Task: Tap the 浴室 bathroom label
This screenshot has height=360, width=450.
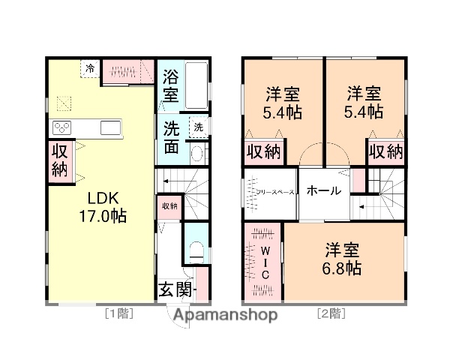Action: [171, 85]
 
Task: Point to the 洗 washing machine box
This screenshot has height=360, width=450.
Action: [198, 127]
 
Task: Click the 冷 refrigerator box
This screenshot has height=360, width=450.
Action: [91, 68]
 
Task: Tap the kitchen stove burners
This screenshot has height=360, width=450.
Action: [62, 127]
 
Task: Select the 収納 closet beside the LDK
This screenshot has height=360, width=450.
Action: [60, 159]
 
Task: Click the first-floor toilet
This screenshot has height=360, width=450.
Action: [196, 253]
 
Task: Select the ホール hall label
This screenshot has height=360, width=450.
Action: [324, 190]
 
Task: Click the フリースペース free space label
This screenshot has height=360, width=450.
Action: [271, 192]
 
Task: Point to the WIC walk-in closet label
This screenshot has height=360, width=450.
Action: [265, 262]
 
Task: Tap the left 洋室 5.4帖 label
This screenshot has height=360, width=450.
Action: [283, 103]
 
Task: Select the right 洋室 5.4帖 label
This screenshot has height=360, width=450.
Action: [364, 103]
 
